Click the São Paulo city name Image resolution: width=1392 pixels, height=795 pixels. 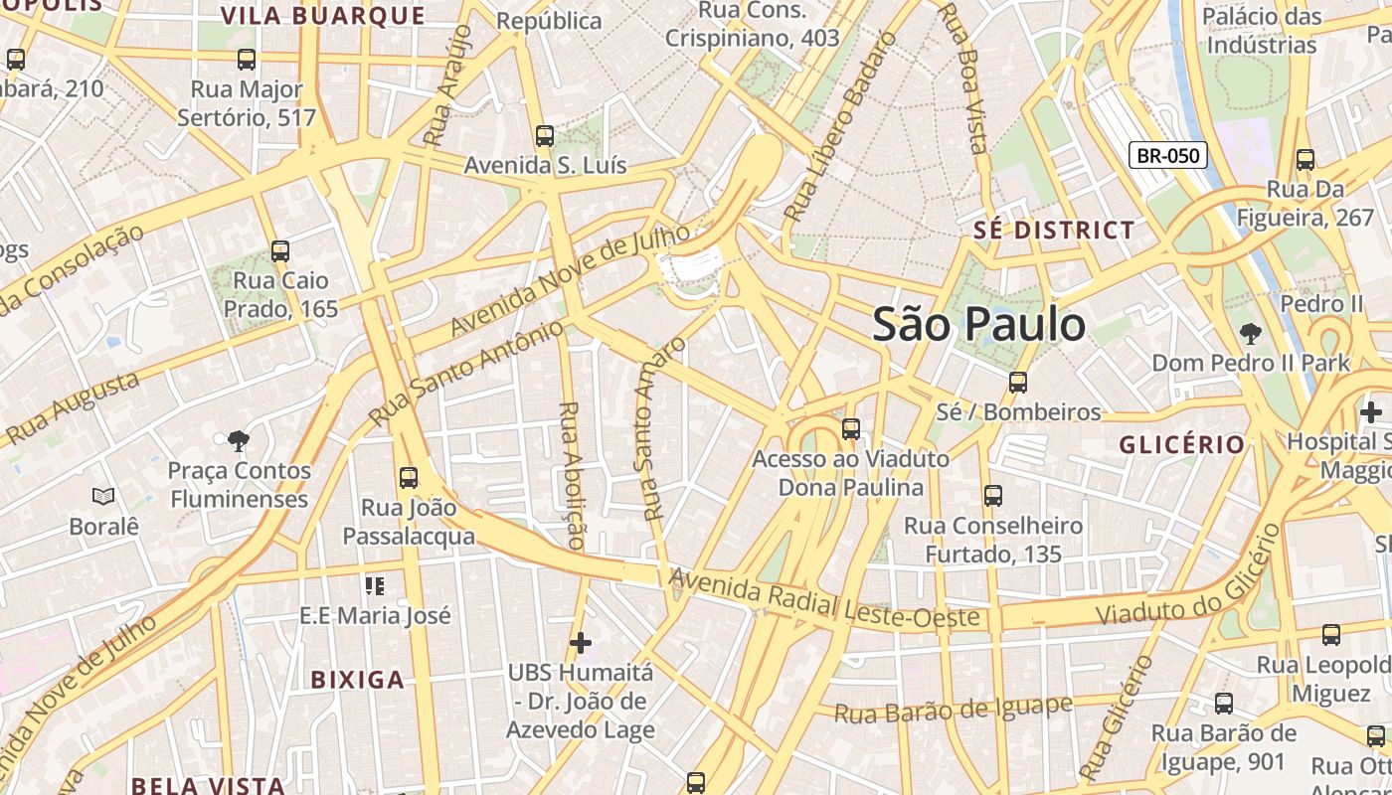(x=978, y=325)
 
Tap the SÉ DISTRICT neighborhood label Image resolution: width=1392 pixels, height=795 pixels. (x=1054, y=231)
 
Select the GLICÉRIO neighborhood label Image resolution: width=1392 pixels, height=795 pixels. (x=1182, y=444)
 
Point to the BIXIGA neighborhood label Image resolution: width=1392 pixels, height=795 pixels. (x=358, y=680)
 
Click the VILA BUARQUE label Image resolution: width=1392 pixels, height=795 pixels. (x=323, y=16)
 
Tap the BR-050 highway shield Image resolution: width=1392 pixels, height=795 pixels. (x=1168, y=156)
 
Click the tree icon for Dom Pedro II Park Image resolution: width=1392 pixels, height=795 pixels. (x=1250, y=334)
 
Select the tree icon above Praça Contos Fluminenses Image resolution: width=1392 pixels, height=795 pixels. (x=238, y=440)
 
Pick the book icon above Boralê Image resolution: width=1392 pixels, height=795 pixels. (x=103, y=496)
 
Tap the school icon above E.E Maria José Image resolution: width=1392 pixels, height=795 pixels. (x=375, y=586)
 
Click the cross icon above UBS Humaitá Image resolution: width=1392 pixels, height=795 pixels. (x=581, y=643)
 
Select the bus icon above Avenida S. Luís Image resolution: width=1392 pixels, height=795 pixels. (x=544, y=136)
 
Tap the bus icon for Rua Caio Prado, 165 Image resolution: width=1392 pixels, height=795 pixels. (x=280, y=251)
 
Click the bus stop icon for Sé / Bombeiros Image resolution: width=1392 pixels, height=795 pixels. (x=1017, y=383)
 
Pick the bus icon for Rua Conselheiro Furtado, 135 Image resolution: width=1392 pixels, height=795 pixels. (x=992, y=496)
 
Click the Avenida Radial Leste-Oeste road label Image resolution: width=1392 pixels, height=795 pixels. (x=824, y=599)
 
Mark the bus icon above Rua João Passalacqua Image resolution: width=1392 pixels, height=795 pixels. (x=409, y=478)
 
